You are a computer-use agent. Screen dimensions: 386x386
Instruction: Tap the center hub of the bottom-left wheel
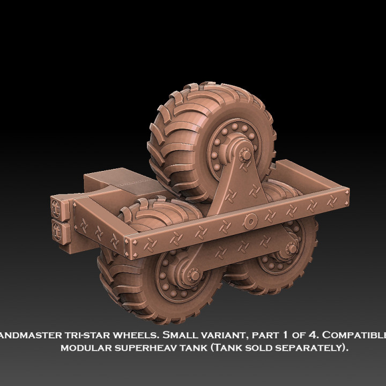tap(193, 275)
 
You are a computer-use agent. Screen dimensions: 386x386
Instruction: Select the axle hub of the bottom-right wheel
tap(293, 248)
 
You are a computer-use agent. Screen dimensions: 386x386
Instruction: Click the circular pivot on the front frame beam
tap(249, 220)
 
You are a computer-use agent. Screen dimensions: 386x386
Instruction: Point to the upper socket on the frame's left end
tap(57, 205)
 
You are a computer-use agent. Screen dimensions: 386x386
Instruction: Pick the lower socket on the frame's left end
tap(57, 231)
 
